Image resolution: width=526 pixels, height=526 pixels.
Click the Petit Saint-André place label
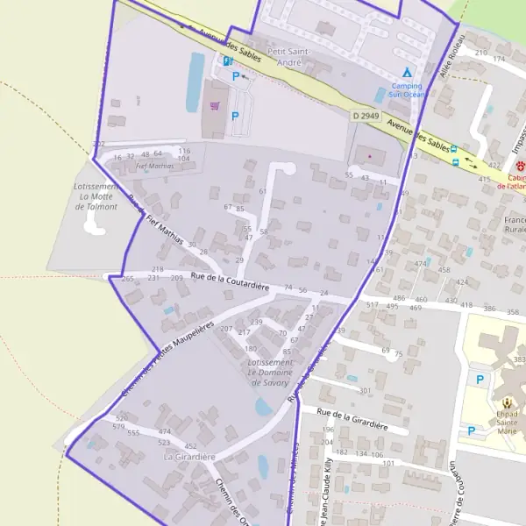[288, 56]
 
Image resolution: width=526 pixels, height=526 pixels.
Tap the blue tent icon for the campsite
[406, 72]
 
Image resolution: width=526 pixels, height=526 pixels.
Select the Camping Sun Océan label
[406, 89]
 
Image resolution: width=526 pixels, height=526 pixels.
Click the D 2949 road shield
[367, 116]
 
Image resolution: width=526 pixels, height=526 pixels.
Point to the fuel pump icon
[227, 61]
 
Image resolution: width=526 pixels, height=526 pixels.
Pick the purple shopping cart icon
[215, 105]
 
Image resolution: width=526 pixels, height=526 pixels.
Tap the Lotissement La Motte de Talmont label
[97, 196]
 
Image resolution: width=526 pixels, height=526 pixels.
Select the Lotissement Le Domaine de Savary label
[270, 373]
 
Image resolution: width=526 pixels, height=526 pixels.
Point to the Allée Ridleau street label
[451, 58]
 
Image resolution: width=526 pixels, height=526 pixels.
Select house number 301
[365, 390]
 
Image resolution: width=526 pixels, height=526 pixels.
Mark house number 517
[371, 305]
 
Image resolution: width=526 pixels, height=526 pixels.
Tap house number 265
[128, 279]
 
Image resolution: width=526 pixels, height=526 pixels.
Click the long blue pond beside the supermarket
[194, 82]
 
